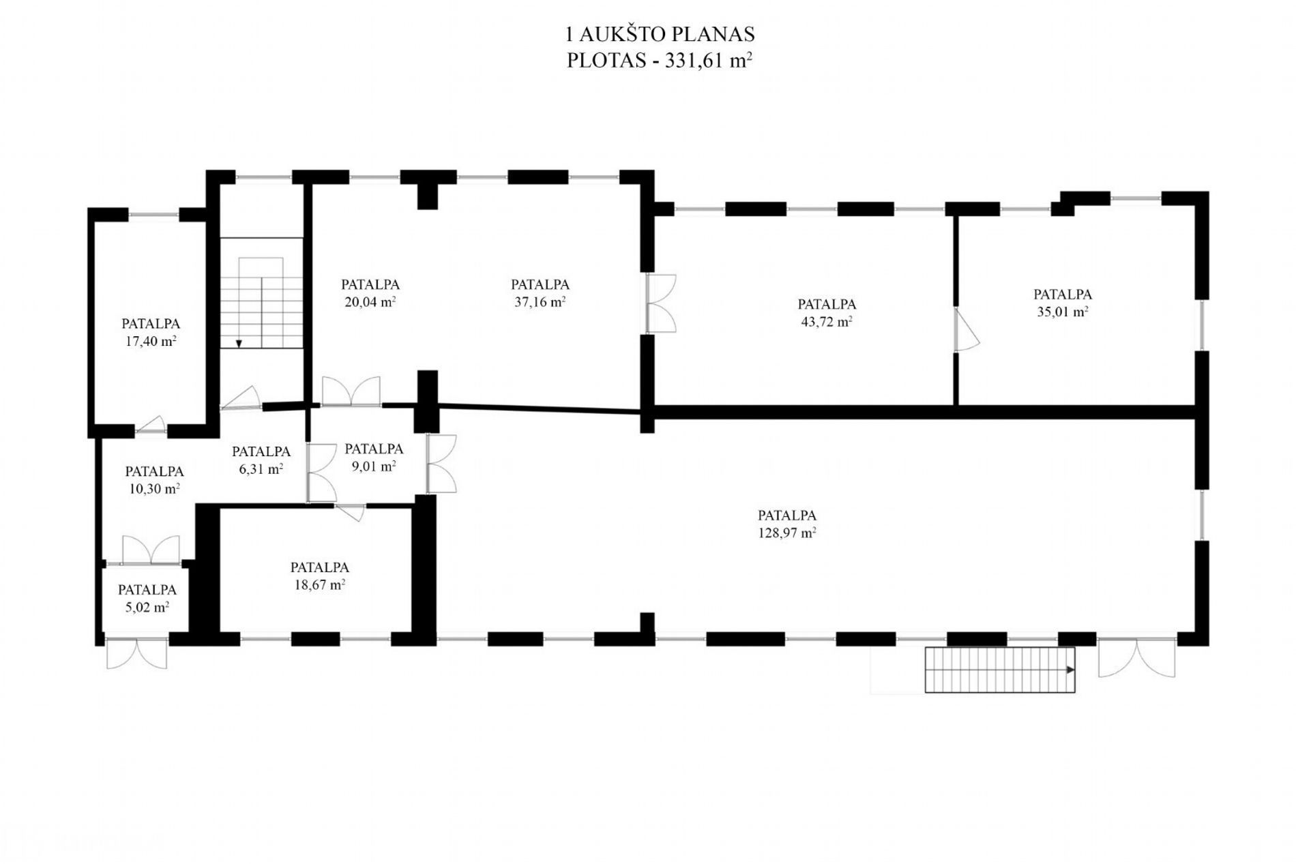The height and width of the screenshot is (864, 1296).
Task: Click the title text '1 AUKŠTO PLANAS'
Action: (660, 34)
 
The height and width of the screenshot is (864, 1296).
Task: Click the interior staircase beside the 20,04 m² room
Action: (261, 293)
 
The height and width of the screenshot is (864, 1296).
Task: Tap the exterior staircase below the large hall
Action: (1000, 670)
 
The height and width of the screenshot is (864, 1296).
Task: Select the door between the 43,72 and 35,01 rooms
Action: (966, 329)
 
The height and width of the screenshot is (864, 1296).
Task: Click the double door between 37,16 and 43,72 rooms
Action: (661, 303)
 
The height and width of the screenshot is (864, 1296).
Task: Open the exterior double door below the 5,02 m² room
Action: (136, 653)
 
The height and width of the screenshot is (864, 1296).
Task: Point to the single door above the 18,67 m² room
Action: (351, 512)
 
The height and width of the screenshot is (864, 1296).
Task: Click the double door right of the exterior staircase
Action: (1137, 657)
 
